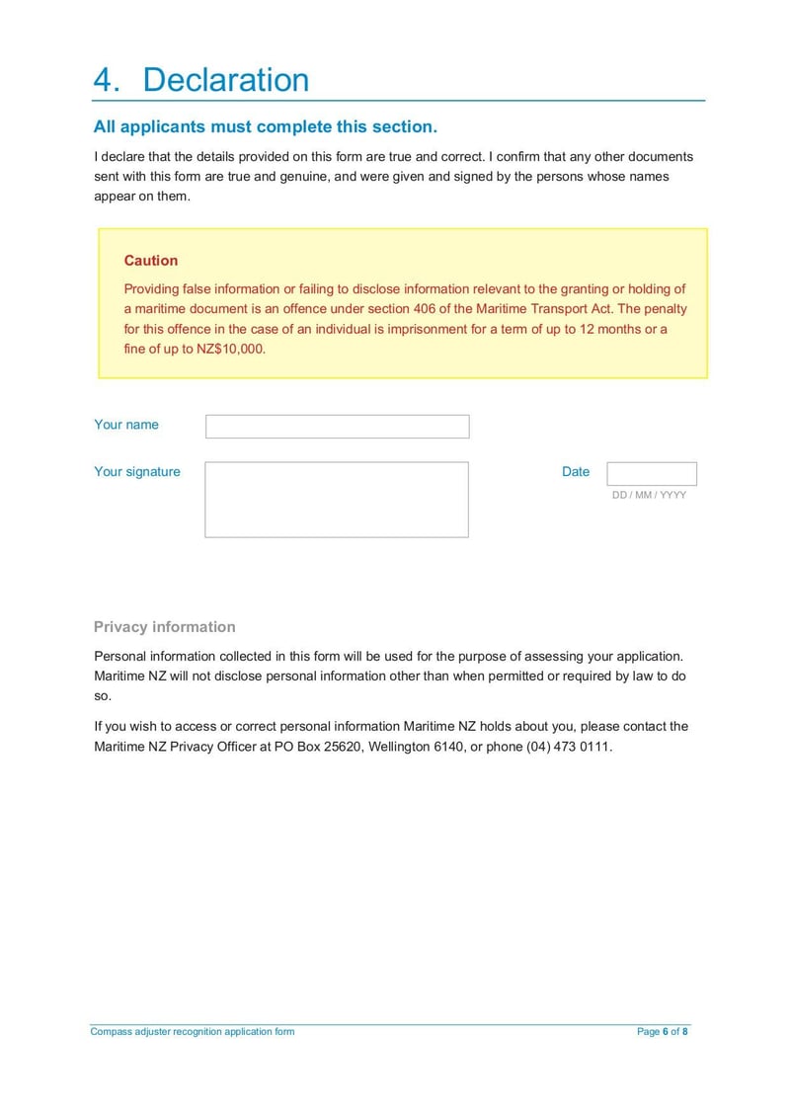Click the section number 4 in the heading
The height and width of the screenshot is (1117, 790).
[104, 80]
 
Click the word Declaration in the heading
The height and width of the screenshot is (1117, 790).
[225, 80]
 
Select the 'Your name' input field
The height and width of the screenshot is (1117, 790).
[337, 427]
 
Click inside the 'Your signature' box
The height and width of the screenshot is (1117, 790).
[337, 500]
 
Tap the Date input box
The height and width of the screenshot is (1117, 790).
[651, 474]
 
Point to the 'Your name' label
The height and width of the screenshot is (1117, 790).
[126, 425]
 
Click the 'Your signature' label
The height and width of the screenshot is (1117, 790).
[137, 472]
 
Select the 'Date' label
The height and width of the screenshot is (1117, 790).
[576, 472]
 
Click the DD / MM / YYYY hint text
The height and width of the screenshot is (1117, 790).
[649, 495]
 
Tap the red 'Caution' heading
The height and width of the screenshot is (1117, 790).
[151, 261]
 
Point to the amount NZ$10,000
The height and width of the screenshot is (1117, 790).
[224, 349]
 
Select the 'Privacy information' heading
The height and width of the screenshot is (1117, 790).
[165, 627]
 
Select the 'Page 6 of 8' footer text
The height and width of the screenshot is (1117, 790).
[663, 1032]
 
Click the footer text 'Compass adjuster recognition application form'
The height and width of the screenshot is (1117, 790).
[193, 1032]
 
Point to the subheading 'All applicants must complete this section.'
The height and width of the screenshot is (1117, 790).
[265, 127]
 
